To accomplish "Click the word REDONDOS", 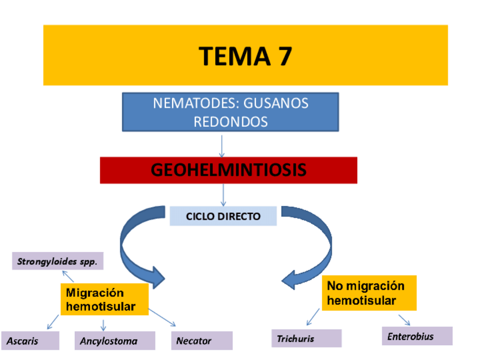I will [x=230, y=121].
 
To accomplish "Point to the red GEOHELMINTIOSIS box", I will [x=229, y=170].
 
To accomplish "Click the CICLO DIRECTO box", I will [x=223, y=216].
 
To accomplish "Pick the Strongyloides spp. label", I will [x=58, y=262].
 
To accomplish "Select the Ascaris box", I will [x=30, y=341].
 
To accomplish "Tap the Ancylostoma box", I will [x=115, y=341].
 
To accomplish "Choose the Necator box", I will [x=202, y=341].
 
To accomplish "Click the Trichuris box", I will [x=306, y=338].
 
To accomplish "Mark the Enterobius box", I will [x=417, y=336].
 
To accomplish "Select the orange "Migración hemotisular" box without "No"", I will [x=104, y=299].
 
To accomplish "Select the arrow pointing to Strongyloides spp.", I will [x=67, y=276].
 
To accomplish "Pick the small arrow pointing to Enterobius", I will [x=404, y=319].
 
